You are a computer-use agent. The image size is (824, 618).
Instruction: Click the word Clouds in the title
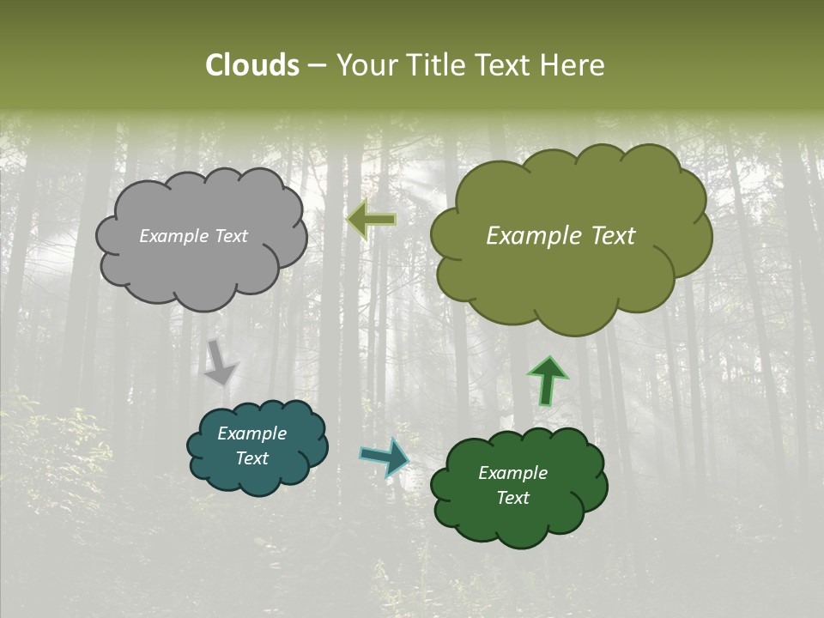[x=252, y=65]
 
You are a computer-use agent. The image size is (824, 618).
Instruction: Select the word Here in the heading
[x=572, y=65]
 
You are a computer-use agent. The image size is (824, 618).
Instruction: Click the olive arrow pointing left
[x=372, y=221]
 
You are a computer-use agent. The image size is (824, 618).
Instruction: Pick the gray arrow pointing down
[x=219, y=361]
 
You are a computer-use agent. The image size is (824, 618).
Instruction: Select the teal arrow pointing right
[x=384, y=457]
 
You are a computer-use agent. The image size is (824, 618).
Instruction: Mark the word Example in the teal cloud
[x=251, y=433]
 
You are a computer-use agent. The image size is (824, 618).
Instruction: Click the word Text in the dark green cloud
[x=512, y=498]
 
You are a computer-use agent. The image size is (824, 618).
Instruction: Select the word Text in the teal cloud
[x=251, y=458]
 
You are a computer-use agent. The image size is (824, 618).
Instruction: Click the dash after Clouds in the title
[x=317, y=66]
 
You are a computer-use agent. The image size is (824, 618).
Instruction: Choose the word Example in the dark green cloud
[x=512, y=473]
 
